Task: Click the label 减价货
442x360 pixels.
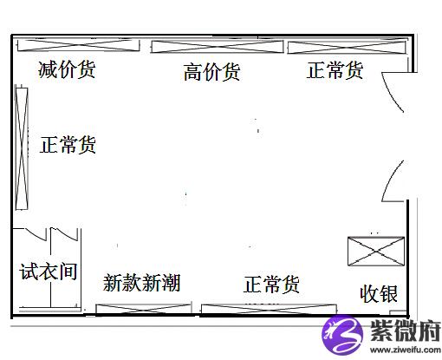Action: [x=67, y=69]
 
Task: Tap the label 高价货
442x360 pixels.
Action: [x=211, y=72]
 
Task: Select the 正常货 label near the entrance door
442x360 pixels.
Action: [x=335, y=70]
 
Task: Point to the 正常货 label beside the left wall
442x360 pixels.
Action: [x=68, y=145]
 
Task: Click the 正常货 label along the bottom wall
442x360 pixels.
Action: [x=271, y=285]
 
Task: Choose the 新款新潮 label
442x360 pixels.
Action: [x=141, y=283]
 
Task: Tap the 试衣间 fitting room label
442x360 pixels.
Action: [x=49, y=272]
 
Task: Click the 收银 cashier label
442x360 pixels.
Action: [x=379, y=294]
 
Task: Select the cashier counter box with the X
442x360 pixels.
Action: [x=376, y=251]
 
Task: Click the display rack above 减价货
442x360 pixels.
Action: [x=79, y=45]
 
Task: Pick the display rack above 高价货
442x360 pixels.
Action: [x=217, y=47]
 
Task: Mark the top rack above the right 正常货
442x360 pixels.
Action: [x=347, y=47]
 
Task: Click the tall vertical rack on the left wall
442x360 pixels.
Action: [x=22, y=148]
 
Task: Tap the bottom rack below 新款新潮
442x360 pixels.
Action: [x=143, y=309]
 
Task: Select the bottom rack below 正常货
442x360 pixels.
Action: [x=269, y=309]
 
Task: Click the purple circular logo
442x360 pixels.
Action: [x=342, y=335]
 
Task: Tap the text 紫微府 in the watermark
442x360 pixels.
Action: [x=406, y=331]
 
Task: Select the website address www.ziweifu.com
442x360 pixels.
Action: [x=406, y=350]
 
